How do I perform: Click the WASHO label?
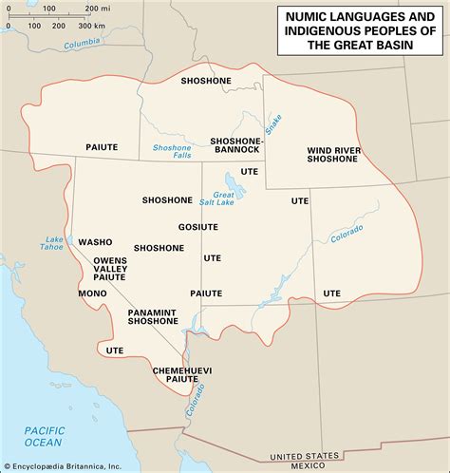pos(95,241)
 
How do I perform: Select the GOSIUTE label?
pos(197,226)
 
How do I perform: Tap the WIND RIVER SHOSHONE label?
pos(332,154)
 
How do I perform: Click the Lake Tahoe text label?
pos(56,242)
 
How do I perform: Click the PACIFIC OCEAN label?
pos(45,436)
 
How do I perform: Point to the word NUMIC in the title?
pos(307,15)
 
